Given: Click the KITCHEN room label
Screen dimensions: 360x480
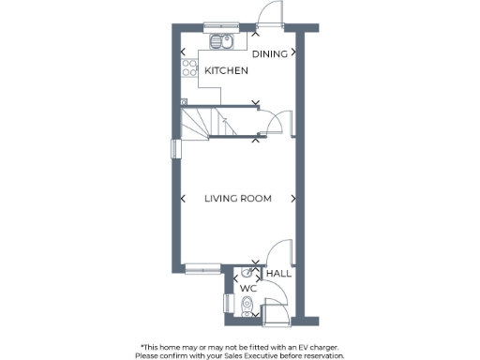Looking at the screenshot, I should (226, 70).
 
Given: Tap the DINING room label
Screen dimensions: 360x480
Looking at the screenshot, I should (271, 54).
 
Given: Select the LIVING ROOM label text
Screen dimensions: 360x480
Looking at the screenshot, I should (238, 199).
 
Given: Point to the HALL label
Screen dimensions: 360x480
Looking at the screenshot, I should (278, 274).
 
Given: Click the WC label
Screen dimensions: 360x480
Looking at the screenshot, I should (248, 289).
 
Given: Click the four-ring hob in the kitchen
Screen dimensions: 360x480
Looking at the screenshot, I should (187, 68).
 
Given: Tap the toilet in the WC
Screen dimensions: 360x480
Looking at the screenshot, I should (247, 304).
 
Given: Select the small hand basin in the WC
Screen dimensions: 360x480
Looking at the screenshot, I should (246, 272).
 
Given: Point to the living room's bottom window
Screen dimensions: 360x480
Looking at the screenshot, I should (202, 269).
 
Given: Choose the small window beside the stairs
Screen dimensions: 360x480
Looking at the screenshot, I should (173, 149).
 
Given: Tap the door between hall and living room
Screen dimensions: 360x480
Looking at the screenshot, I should (279, 251).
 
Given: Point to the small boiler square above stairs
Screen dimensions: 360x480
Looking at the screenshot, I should (184, 101).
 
